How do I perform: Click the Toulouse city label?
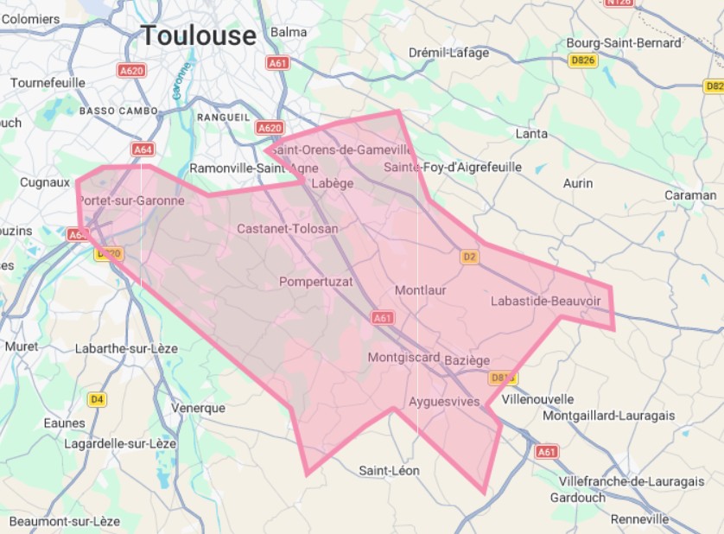click(x=199, y=35)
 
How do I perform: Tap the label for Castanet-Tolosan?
click(x=287, y=229)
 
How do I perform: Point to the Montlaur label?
click(x=420, y=290)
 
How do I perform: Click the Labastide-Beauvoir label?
click(x=545, y=301)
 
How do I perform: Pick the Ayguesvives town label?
click(x=443, y=402)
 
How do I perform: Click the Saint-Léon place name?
click(x=389, y=470)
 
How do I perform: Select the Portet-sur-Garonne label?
click(x=130, y=200)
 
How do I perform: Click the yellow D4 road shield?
click(x=97, y=399)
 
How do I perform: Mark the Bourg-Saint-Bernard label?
click(x=623, y=42)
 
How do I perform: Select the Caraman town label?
click(x=690, y=195)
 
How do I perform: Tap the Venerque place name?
click(x=198, y=408)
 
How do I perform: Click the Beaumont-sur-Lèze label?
click(x=65, y=521)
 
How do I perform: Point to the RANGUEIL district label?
click(x=224, y=117)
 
